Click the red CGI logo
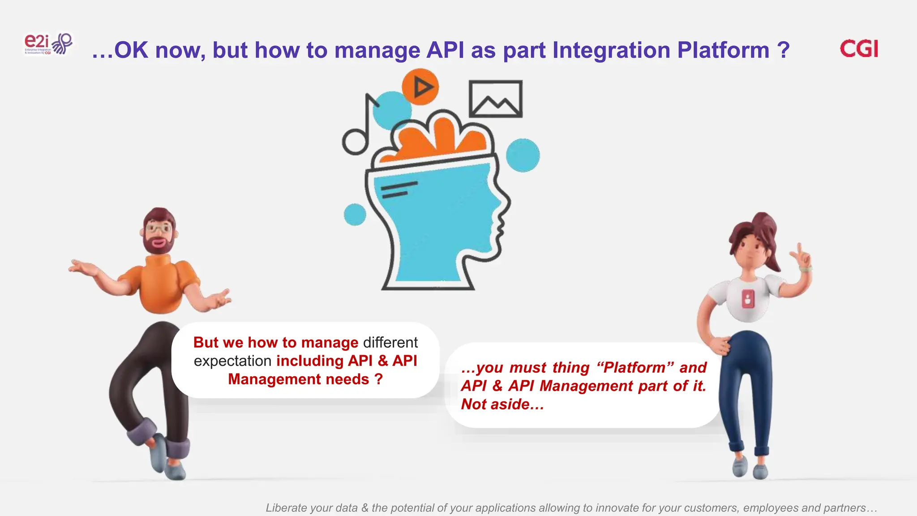(x=859, y=49)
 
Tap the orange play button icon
(x=420, y=87)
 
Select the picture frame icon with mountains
(x=495, y=99)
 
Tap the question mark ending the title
(x=783, y=50)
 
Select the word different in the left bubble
(x=390, y=343)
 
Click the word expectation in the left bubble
(x=232, y=361)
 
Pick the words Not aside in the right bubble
(x=502, y=404)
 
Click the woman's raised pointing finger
(x=800, y=248)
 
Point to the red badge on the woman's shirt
(x=748, y=298)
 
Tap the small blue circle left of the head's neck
(x=355, y=215)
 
